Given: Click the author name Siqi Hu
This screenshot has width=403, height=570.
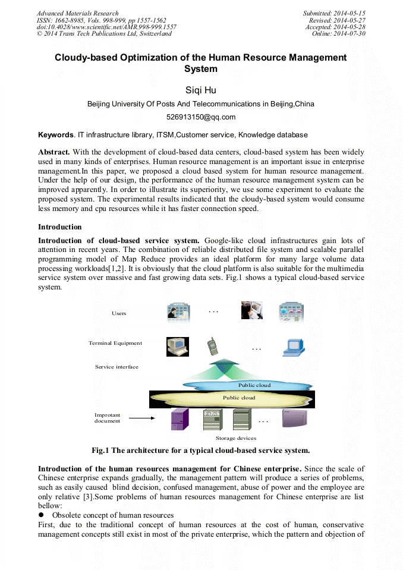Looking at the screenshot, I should tap(201, 90).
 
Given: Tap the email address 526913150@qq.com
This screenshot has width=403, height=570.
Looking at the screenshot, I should tap(201, 117).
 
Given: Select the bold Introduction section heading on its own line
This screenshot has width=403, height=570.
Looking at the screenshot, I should tap(60, 227).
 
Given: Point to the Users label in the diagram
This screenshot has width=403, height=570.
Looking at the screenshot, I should tap(119, 313).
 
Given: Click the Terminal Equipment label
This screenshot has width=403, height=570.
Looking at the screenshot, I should tap(115, 343).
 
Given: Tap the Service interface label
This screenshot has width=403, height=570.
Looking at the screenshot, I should tap(117, 367).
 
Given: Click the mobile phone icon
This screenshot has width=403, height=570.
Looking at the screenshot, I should tap(212, 346).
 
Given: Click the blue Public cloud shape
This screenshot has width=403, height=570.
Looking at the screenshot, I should tap(254, 385).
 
